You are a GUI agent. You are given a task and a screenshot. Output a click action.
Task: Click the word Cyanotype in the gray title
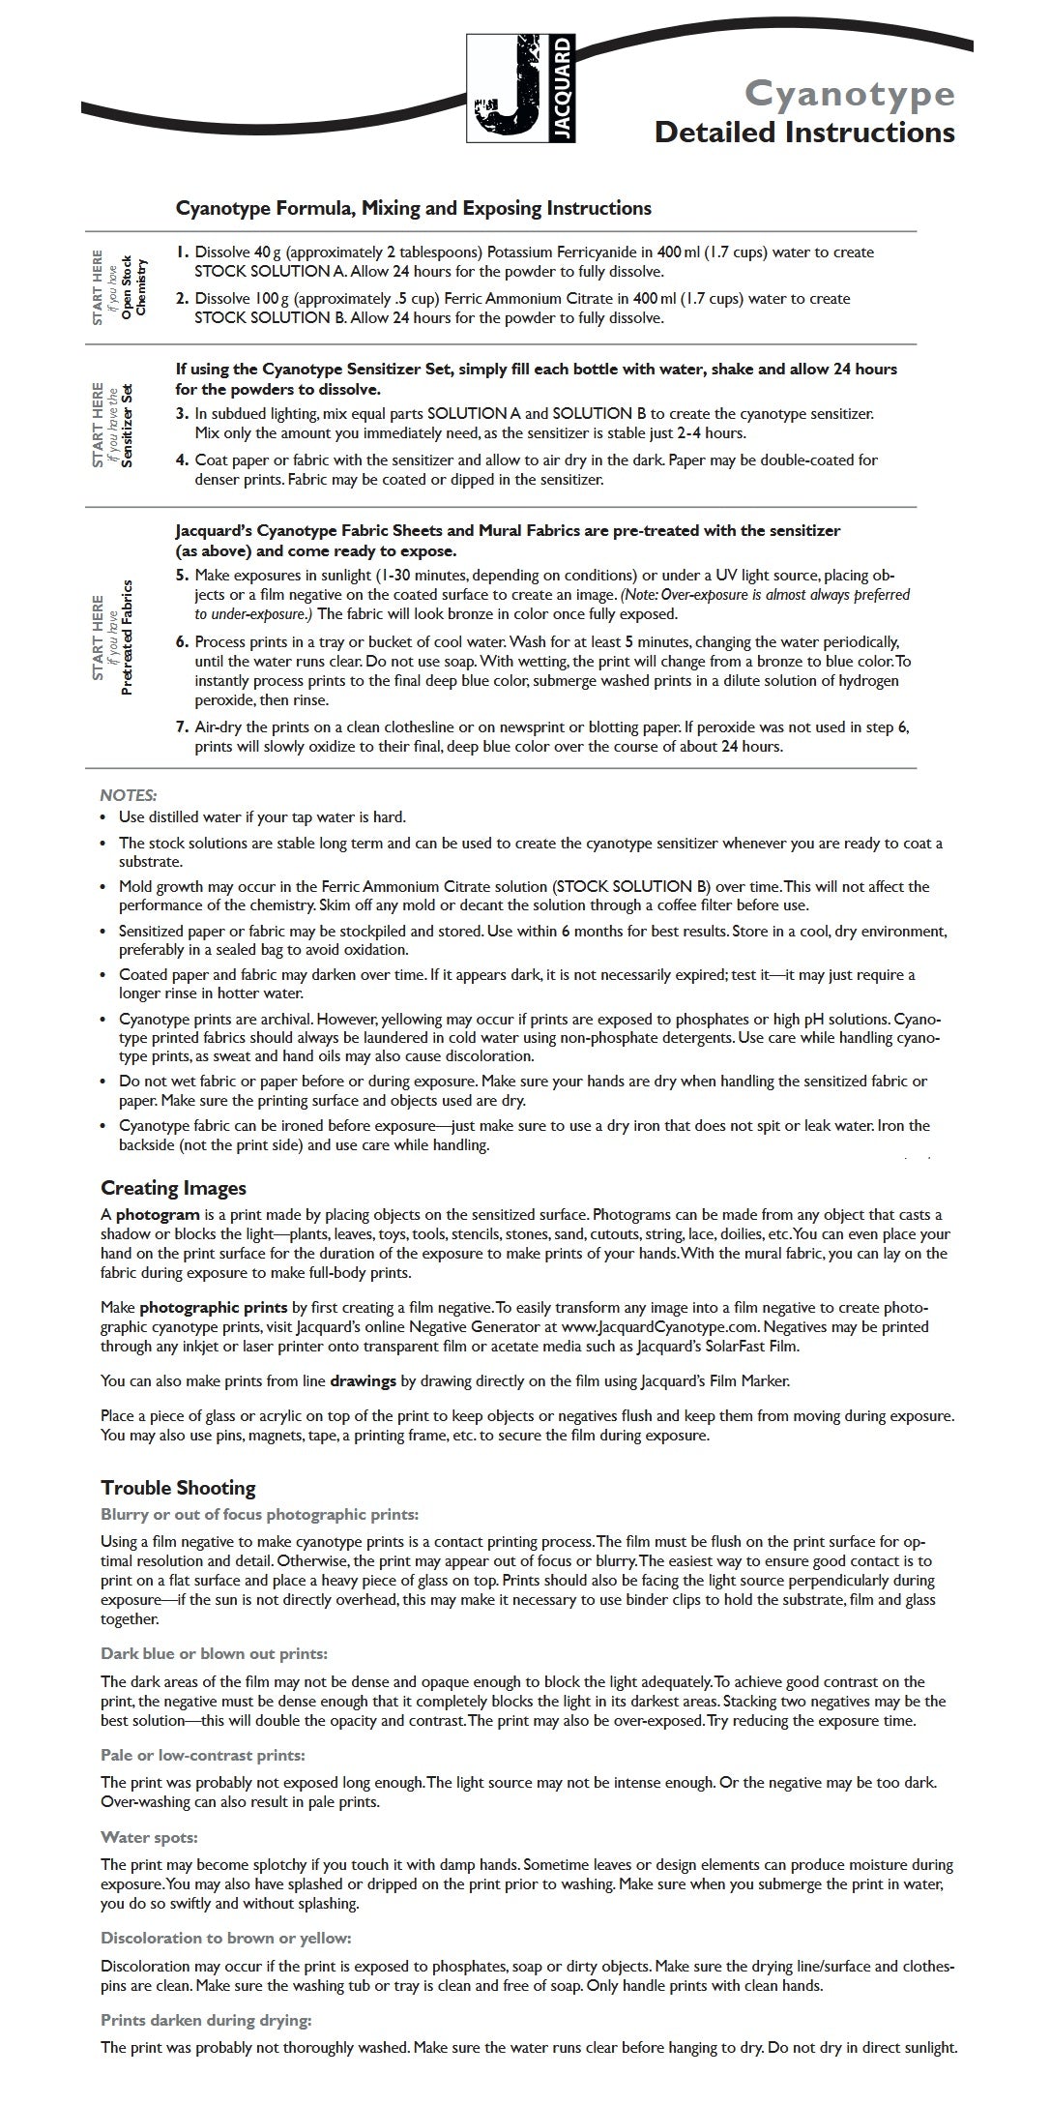click(x=849, y=95)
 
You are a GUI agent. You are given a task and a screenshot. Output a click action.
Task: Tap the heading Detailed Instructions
click(x=804, y=132)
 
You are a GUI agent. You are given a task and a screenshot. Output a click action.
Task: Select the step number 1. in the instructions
click(x=183, y=252)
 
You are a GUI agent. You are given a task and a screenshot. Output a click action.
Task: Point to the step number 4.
click(x=183, y=460)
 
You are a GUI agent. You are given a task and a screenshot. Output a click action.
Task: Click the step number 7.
click(x=183, y=727)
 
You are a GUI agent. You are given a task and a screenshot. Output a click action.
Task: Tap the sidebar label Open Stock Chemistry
click(x=141, y=286)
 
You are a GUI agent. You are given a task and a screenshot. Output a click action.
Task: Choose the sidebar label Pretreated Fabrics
click(x=127, y=637)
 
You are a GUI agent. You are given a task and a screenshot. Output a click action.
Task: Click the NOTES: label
click(x=129, y=795)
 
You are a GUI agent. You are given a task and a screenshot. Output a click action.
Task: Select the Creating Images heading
click(x=173, y=1188)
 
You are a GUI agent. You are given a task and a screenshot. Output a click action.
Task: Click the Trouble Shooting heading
click(x=178, y=1488)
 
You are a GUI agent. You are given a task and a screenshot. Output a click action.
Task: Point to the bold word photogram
click(x=158, y=1215)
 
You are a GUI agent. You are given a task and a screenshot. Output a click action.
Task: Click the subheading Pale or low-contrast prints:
click(x=203, y=1755)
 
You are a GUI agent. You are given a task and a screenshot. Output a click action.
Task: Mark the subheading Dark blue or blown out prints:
click(x=214, y=1654)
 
